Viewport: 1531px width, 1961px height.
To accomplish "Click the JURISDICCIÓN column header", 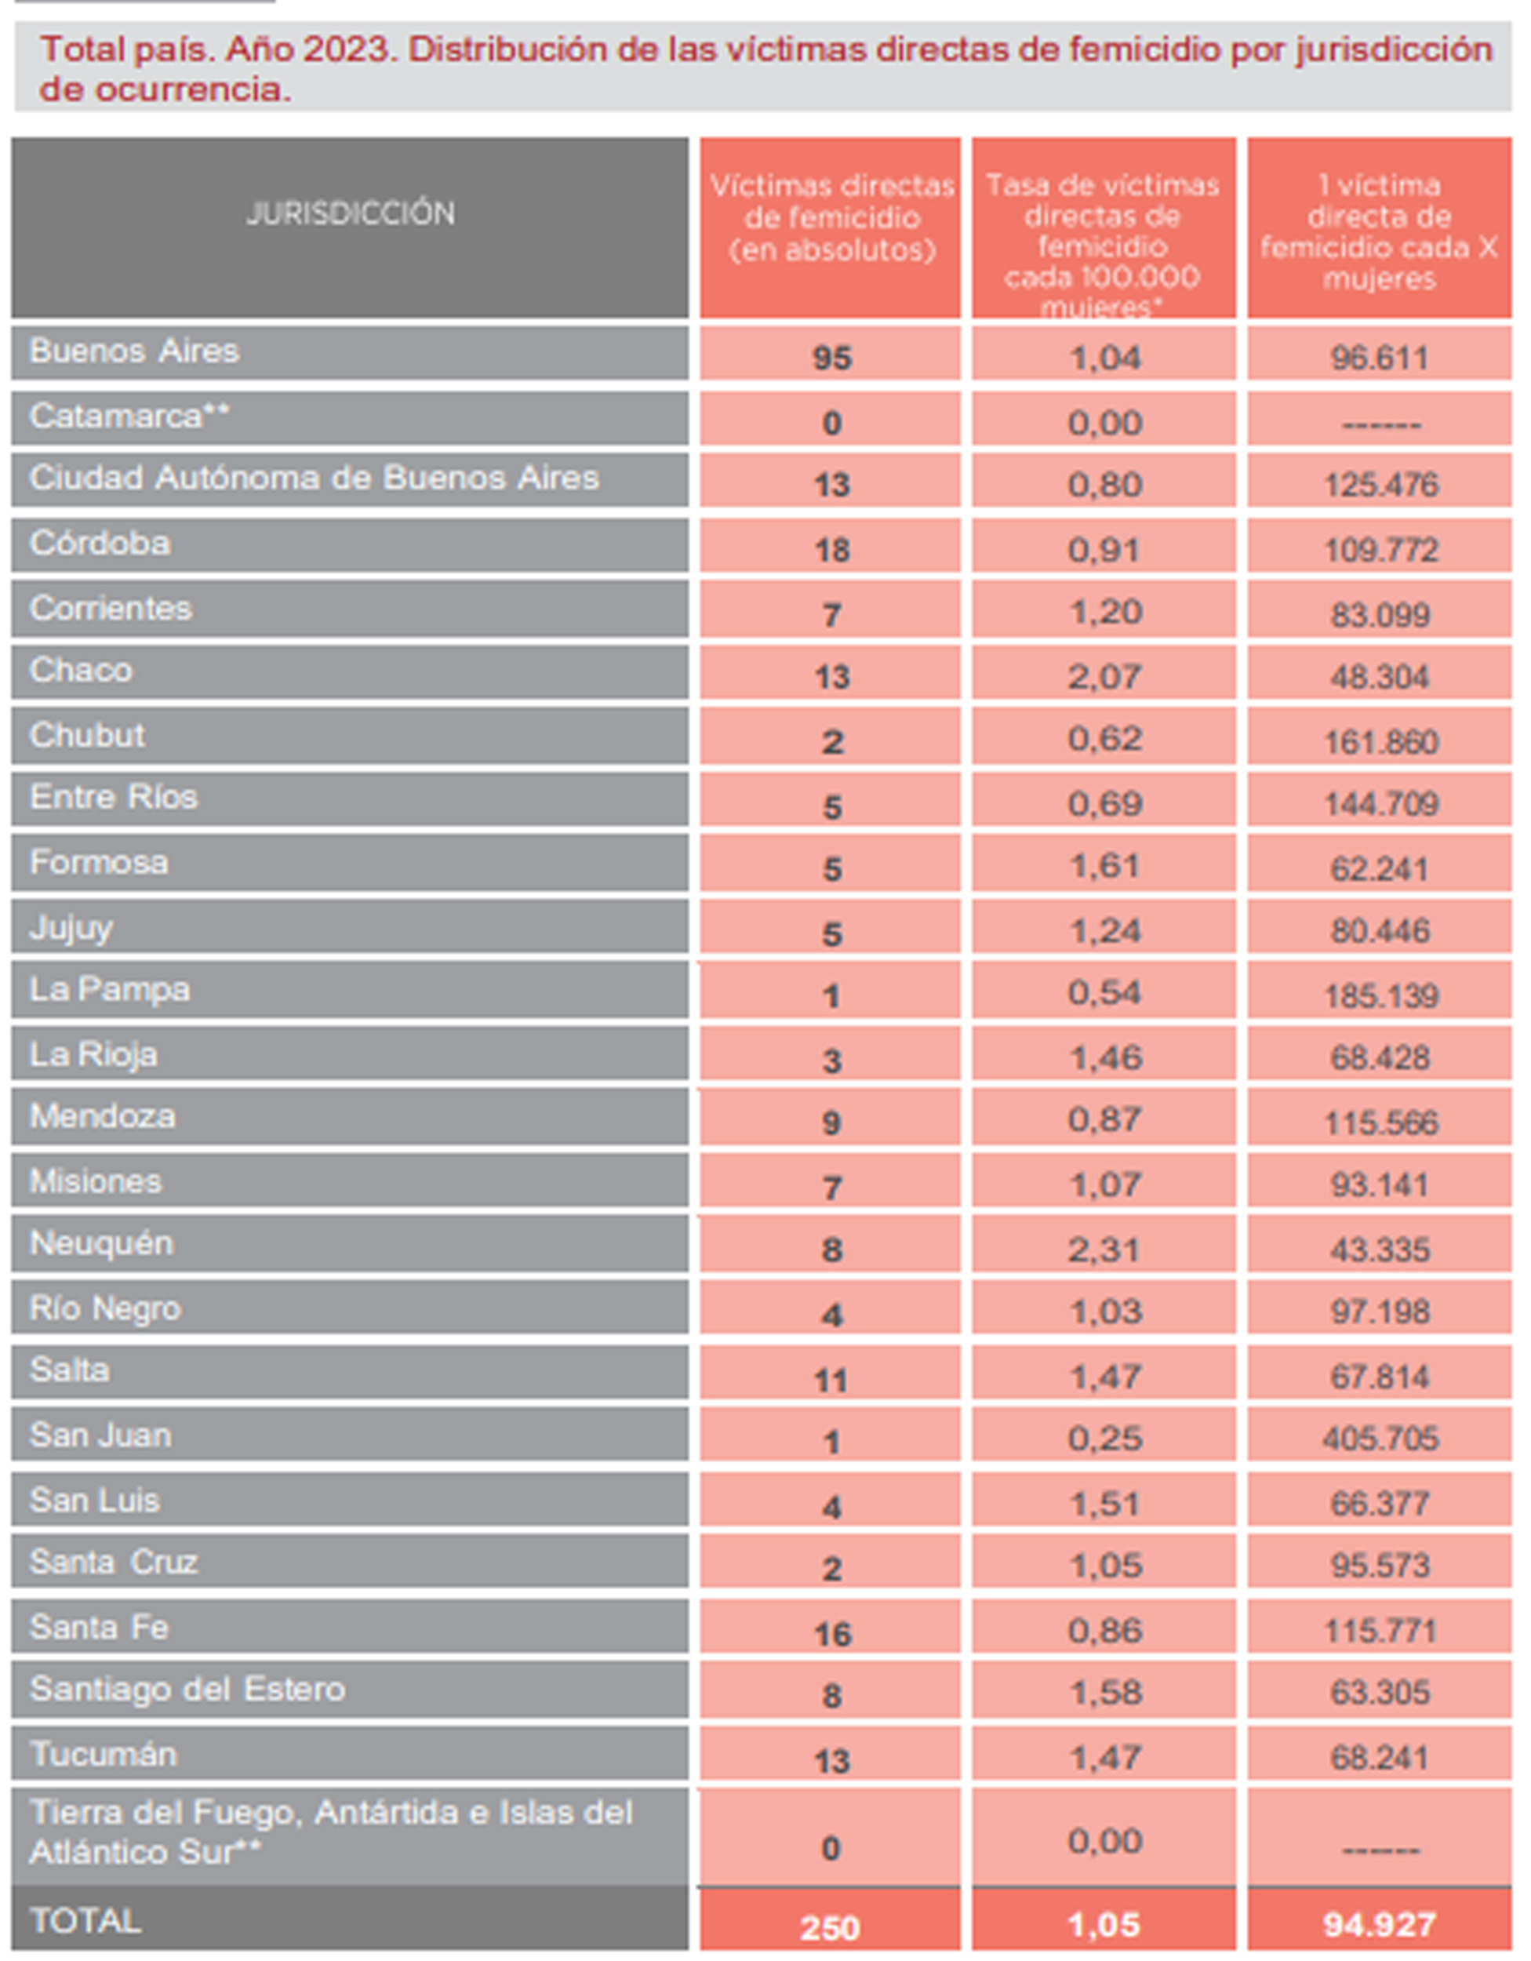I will click(350, 213).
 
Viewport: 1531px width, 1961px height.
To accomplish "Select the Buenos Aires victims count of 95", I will click(831, 358).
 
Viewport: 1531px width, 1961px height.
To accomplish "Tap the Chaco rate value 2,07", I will click(1104, 676).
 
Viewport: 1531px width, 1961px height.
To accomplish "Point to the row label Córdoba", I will click(100, 544).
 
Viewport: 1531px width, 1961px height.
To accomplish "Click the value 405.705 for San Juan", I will click(1380, 1439).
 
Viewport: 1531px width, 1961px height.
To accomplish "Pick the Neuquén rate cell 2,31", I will click(1104, 1249).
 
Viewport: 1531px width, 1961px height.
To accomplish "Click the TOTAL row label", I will click(85, 1920).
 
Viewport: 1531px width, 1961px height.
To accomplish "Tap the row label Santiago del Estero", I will click(187, 1689).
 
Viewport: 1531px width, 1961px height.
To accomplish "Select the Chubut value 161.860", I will click(1380, 742).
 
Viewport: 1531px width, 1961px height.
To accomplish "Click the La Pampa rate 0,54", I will click(1104, 993).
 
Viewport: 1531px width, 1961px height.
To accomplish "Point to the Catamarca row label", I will click(129, 417).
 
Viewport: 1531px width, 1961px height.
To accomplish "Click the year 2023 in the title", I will click(347, 49).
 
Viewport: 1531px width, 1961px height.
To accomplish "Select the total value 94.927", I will click(1380, 1924).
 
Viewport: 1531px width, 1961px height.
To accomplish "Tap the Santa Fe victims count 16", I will click(831, 1634).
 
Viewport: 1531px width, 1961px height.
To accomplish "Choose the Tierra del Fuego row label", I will click(330, 1832).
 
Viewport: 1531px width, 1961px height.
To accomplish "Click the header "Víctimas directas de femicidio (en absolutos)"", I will click(831, 218).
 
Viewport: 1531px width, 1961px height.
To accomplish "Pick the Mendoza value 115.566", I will click(1380, 1122).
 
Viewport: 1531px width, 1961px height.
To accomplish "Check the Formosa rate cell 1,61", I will click(1104, 867).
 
